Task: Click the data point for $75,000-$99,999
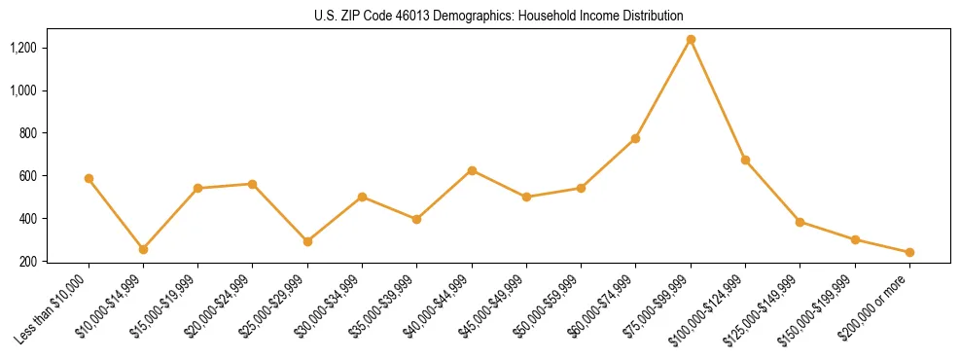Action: click(x=691, y=40)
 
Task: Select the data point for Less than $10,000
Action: click(x=89, y=178)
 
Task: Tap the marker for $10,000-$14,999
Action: click(x=143, y=249)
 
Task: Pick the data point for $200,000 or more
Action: click(x=909, y=252)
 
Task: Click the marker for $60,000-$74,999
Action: click(x=635, y=138)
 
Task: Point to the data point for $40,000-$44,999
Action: click(x=472, y=170)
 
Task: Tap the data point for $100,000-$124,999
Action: click(x=745, y=160)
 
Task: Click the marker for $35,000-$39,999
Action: click(x=417, y=219)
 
